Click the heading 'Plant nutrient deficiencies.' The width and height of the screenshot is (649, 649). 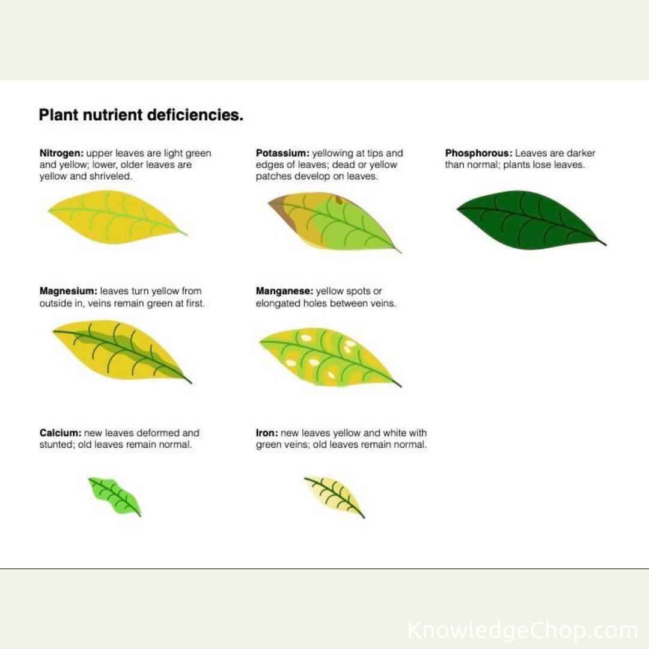click(141, 115)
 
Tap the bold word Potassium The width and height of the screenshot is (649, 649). click(282, 153)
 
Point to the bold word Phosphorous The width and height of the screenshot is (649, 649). click(479, 153)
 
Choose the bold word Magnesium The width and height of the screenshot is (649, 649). click(69, 291)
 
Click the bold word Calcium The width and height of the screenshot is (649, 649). click(61, 433)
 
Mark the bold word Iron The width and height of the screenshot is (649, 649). click(267, 433)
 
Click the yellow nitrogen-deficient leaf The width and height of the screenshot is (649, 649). click(117, 217)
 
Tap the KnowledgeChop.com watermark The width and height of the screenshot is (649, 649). click(523, 630)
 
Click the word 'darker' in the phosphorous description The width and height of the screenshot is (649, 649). click(580, 153)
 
